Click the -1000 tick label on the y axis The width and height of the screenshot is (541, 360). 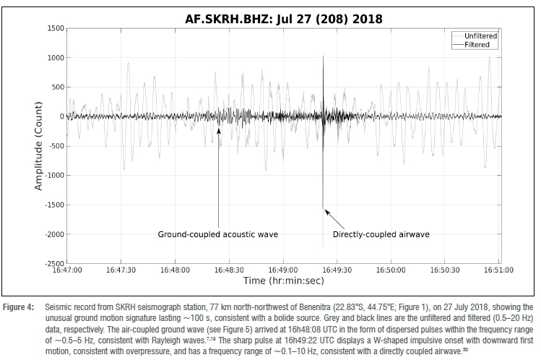[53, 176]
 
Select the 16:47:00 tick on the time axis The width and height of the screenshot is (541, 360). [67, 270]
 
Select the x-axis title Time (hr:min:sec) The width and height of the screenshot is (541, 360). [283, 280]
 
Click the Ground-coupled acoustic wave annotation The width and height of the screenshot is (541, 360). [218, 234]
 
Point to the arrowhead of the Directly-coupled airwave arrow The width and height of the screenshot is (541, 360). [326, 210]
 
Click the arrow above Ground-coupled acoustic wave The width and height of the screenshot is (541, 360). [218, 173]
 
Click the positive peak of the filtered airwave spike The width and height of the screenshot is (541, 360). [323, 56]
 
